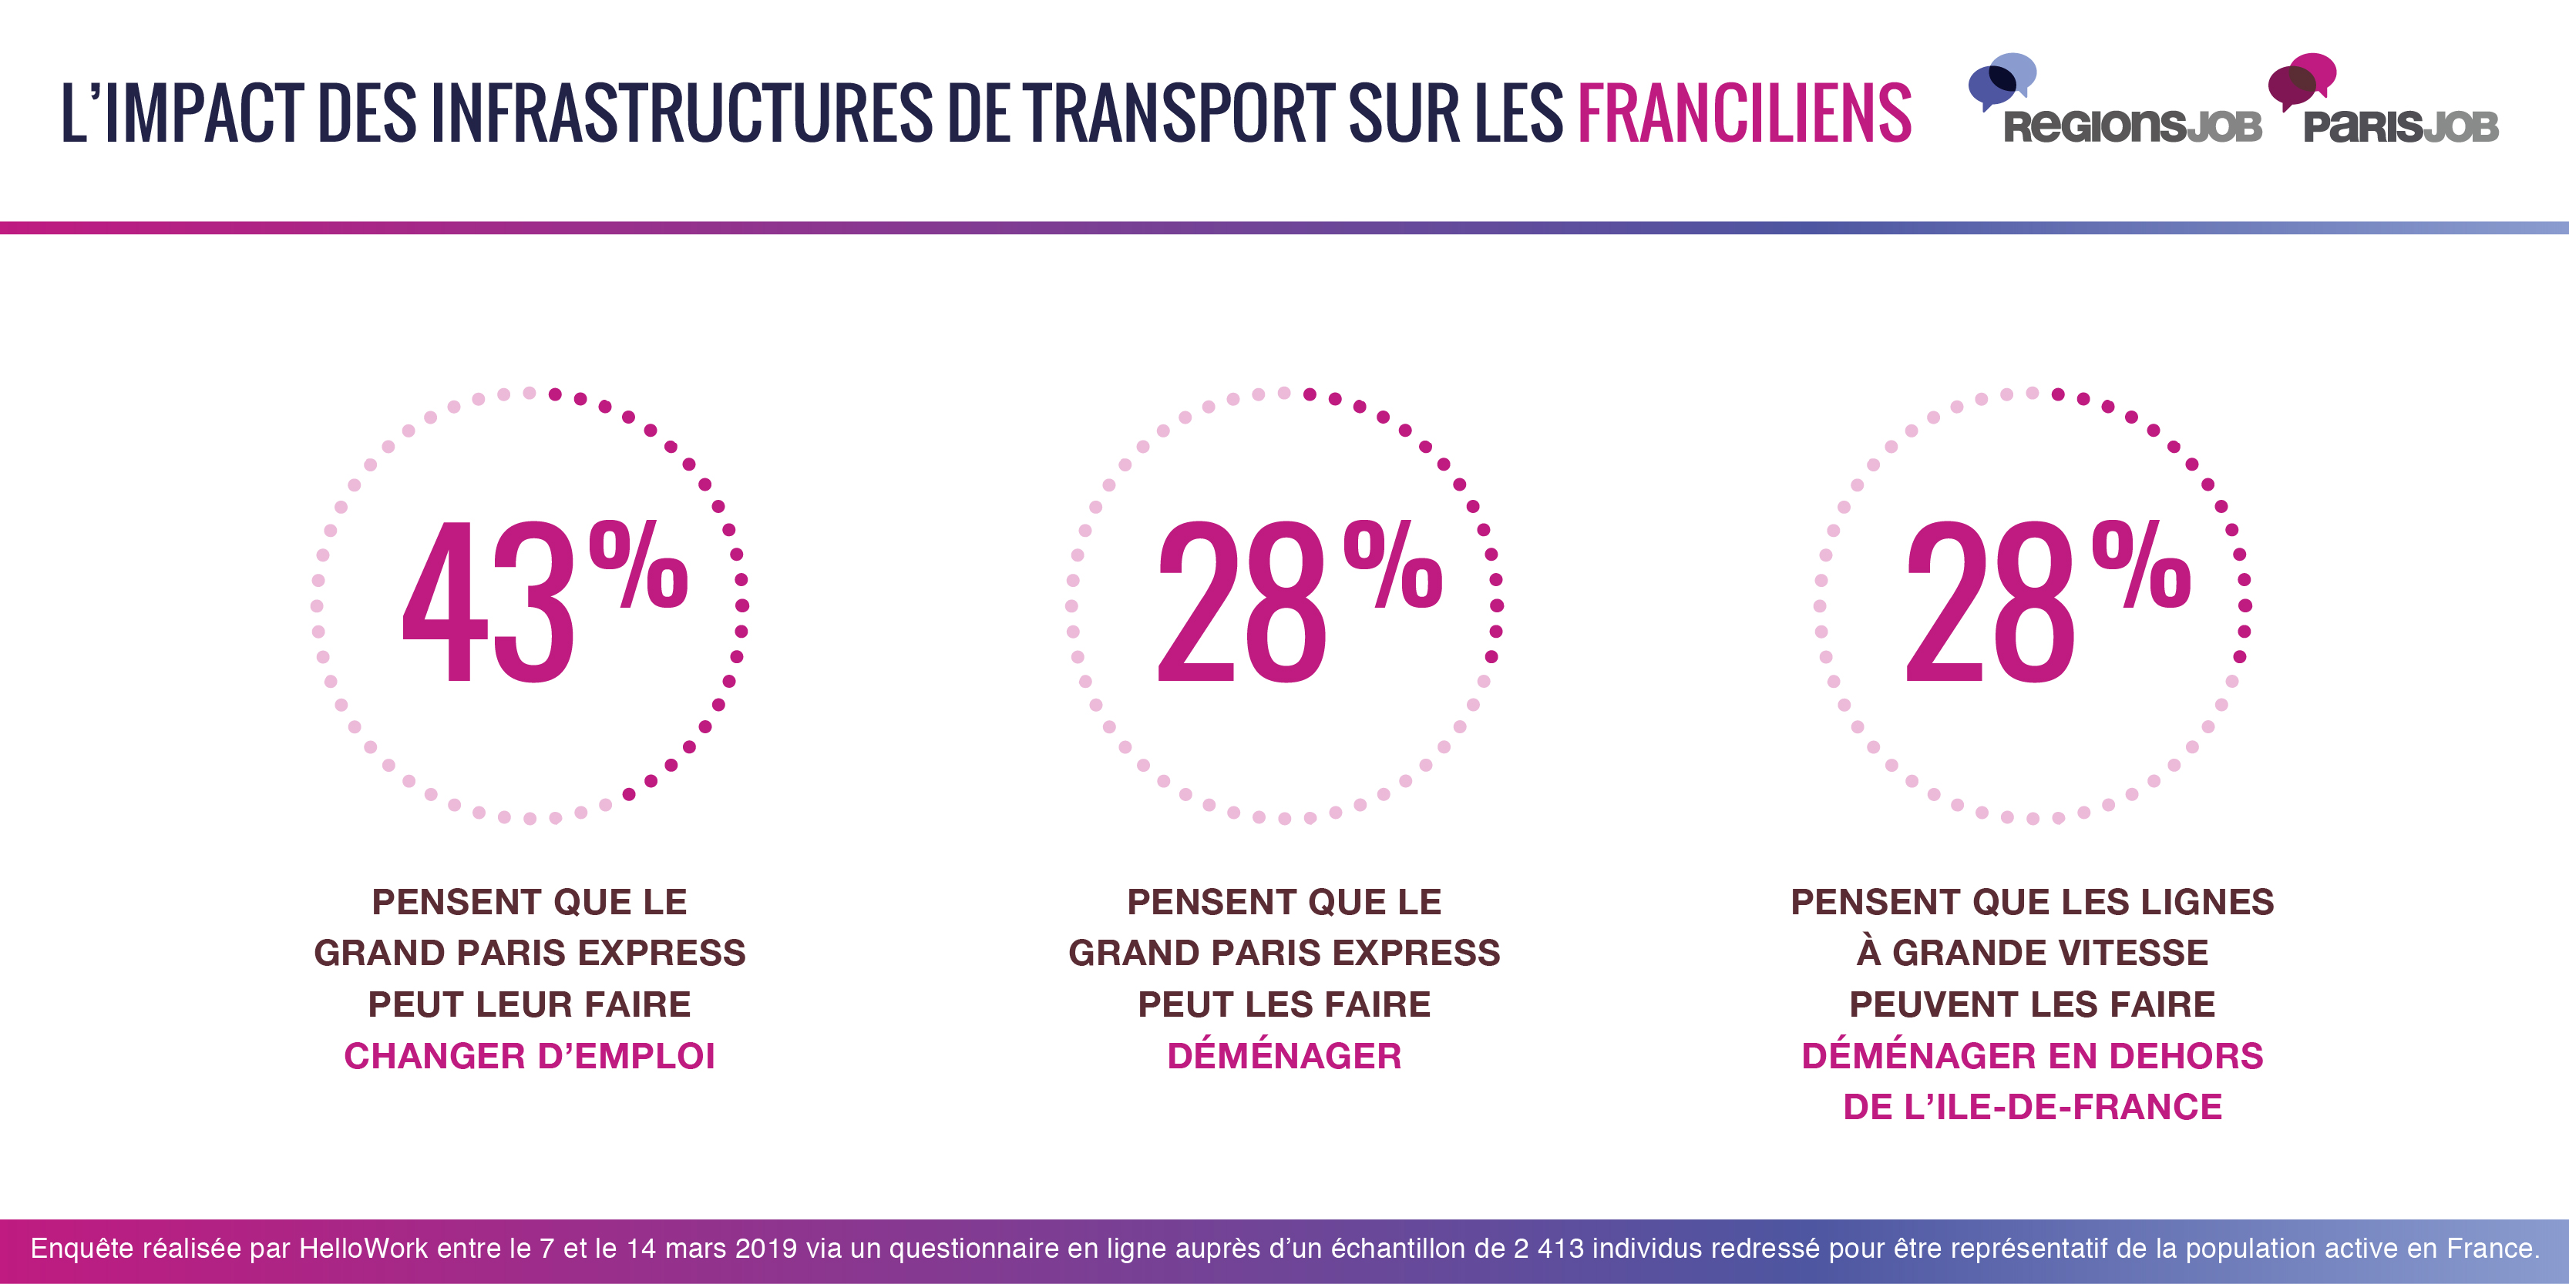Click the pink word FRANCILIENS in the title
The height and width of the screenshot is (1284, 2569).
tap(1743, 112)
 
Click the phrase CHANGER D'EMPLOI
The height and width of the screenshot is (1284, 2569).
tap(530, 1056)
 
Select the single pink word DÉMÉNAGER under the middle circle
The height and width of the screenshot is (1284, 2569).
tap(1283, 1056)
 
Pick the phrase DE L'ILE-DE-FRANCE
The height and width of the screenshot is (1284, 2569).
tap(2032, 1107)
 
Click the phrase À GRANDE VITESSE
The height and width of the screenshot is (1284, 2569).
tap(2032, 953)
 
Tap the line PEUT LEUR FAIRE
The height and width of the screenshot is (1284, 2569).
tap(530, 1004)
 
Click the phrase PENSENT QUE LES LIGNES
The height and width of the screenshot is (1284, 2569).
tap(2032, 902)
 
